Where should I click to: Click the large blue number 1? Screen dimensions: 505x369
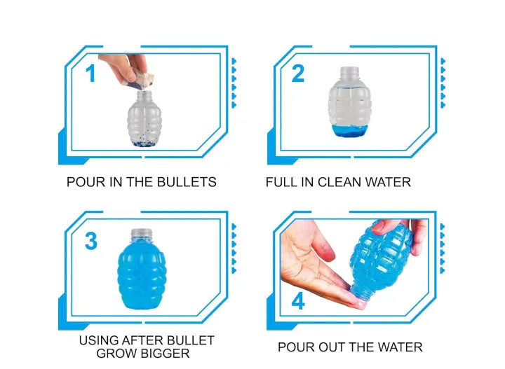[90, 74]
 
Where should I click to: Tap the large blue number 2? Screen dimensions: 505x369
[298, 74]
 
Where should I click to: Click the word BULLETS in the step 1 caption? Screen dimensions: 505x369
[187, 182]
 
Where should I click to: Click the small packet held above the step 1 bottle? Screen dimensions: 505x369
[137, 80]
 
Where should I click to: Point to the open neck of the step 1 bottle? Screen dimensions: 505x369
[144, 95]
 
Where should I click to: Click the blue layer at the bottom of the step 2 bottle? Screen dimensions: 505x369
[349, 131]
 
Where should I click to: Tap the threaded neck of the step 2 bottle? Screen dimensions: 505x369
[349, 73]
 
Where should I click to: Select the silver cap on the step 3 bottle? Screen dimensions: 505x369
[142, 234]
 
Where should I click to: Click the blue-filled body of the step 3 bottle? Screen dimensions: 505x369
[142, 277]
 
